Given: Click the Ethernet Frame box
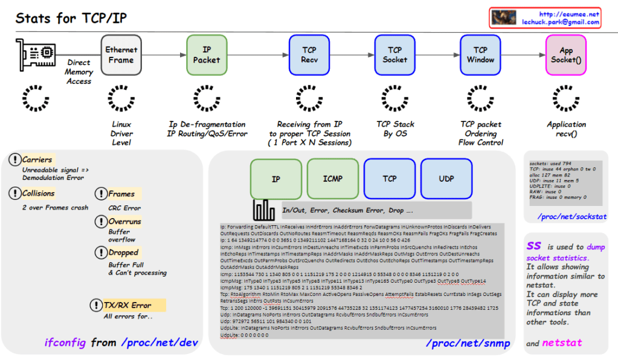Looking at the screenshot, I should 121,55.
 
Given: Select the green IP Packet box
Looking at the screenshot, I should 207,55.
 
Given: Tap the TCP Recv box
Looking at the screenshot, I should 309,55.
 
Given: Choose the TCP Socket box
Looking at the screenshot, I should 395,55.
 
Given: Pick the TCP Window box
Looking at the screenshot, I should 480,55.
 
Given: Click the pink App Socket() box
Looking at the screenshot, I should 566,55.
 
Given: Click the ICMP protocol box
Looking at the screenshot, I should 332,179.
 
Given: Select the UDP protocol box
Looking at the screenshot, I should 446,179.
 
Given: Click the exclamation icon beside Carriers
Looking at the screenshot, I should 15,160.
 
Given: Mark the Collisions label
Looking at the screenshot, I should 38,194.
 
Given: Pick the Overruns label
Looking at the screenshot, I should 124,222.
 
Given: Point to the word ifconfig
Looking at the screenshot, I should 66,342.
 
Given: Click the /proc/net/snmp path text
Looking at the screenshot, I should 468,344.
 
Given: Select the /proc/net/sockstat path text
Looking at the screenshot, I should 571,216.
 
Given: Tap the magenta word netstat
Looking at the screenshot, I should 562,342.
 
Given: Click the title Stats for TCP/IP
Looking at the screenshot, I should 71,18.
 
